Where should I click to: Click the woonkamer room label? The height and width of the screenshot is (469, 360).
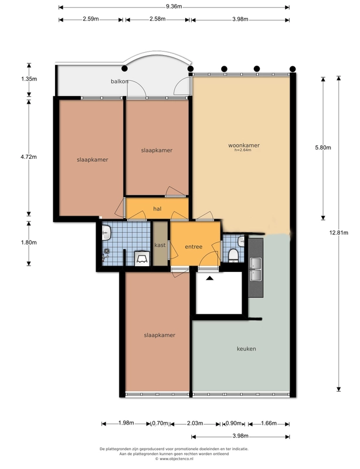pyautogui.click(x=244, y=145)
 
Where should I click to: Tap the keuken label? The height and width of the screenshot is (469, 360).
pyautogui.click(x=246, y=349)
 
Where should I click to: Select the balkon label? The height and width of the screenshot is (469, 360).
pyautogui.click(x=120, y=81)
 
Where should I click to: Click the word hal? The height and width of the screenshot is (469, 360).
pyautogui.click(x=157, y=209)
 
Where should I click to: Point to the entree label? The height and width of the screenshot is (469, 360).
pyautogui.click(x=193, y=247)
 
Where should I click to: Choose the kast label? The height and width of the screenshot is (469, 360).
pyautogui.click(x=160, y=245)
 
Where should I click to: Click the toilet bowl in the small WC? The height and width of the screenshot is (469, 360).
pyautogui.click(x=233, y=255)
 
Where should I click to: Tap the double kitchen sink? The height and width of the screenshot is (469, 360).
pyautogui.click(x=256, y=270)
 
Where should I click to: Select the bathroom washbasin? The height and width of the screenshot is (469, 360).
pyautogui.click(x=107, y=232)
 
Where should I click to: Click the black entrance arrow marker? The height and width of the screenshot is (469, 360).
pyautogui.click(x=210, y=278)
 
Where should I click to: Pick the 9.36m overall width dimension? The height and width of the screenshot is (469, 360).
pyautogui.click(x=174, y=6)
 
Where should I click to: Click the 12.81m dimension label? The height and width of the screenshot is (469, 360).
pyautogui.click(x=339, y=232)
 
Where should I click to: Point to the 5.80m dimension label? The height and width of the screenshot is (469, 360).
pyautogui.click(x=323, y=148)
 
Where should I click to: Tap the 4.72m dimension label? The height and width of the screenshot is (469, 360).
pyautogui.click(x=29, y=157)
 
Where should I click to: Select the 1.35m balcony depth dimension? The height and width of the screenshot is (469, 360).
pyautogui.click(x=29, y=79)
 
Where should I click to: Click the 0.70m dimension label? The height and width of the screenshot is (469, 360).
pyautogui.click(x=160, y=423)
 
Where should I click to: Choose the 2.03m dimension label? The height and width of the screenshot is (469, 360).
pyautogui.click(x=195, y=423)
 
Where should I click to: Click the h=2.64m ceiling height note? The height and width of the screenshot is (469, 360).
pyautogui.click(x=243, y=150)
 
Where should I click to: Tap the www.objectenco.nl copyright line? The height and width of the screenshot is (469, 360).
pyautogui.click(x=174, y=458)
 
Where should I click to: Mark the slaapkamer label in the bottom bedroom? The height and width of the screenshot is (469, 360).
pyautogui.click(x=159, y=335)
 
